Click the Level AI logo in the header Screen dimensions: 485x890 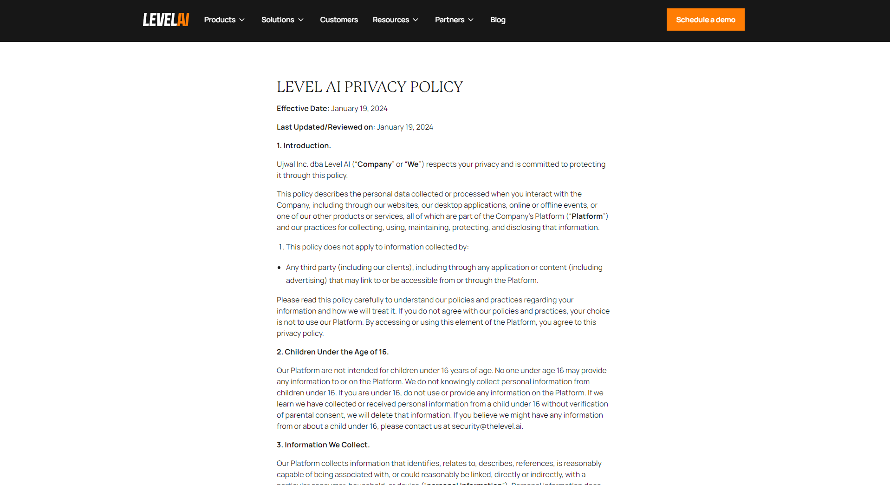point(166,20)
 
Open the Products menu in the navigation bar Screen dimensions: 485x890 point(224,20)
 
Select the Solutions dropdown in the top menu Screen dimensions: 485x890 point(282,20)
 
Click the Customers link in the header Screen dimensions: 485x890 point(339,20)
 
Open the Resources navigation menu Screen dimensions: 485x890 point(396,20)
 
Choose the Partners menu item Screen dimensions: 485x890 point(454,20)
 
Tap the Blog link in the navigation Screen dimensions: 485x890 point(498,20)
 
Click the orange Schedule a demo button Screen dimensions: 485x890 point(705,20)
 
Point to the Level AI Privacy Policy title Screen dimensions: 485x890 point(370,87)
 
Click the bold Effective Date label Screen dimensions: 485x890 point(303,108)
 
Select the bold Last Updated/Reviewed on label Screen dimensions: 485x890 point(325,127)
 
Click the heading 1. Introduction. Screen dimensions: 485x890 point(304,145)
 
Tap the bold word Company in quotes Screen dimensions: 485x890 point(374,164)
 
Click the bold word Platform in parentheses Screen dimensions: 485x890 point(587,216)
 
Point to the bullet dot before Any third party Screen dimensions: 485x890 point(279,268)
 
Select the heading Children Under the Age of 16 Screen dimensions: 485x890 point(332,352)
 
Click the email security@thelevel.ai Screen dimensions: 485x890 point(487,426)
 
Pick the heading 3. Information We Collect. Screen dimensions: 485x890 point(323,445)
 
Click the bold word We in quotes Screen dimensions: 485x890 point(413,164)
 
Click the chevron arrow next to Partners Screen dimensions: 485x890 point(471,20)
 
